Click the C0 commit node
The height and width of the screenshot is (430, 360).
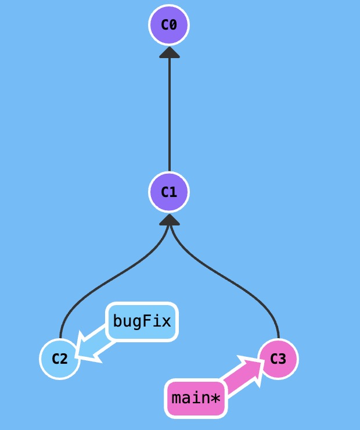[x=169, y=25]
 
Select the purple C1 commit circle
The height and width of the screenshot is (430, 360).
[x=169, y=192]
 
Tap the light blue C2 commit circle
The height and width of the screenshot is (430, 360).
[x=60, y=359]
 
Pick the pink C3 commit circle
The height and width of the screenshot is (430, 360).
[x=278, y=359]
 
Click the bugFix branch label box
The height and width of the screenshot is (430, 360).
[x=142, y=321]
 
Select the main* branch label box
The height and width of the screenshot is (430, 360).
[x=196, y=399]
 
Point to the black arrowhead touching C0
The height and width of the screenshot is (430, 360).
[x=170, y=52]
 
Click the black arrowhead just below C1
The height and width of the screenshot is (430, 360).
[x=170, y=220]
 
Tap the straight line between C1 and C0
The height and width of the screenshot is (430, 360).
[x=170, y=116]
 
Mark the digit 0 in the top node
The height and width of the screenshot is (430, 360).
[x=173, y=25]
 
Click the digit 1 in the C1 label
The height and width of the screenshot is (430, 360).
[x=173, y=192]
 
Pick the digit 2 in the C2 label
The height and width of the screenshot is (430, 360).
[x=64, y=359]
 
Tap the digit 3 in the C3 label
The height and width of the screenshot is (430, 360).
[x=282, y=359]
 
